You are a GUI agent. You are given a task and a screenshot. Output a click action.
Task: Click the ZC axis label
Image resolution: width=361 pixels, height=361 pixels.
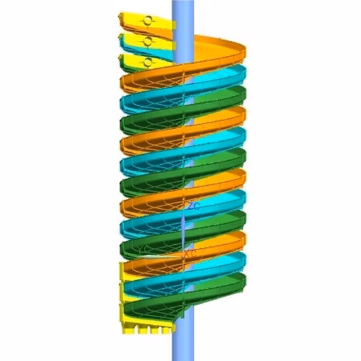(193, 205)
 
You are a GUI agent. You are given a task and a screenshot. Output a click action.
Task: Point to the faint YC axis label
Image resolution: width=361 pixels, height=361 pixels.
(143, 249)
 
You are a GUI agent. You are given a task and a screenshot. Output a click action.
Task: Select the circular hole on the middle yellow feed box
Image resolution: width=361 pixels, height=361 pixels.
(148, 41)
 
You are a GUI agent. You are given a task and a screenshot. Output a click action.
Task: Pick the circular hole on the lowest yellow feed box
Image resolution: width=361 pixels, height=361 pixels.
(148, 62)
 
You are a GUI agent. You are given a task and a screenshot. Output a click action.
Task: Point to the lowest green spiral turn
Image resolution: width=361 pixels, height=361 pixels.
(217, 289)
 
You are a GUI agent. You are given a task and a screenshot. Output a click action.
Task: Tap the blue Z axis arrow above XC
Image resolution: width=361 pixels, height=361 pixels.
(183, 226)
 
